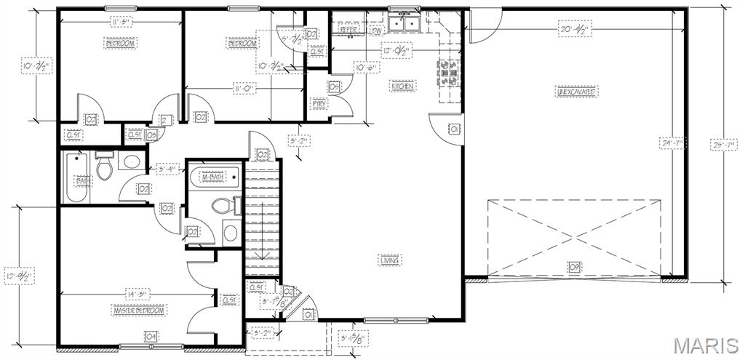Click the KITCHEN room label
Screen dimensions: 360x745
click(x=402, y=87)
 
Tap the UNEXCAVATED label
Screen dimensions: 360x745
click(x=576, y=92)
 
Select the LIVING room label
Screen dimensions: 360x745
click(x=390, y=260)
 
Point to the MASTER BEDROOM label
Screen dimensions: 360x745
click(x=138, y=311)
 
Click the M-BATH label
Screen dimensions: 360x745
click(x=212, y=177)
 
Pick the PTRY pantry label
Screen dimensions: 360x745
click(x=319, y=104)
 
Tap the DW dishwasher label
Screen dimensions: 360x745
click(x=377, y=31)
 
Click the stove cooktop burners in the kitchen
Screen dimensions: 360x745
click(x=447, y=72)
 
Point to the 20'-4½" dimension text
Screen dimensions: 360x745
click(x=574, y=31)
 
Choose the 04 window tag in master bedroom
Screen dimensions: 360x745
click(x=151, y=337)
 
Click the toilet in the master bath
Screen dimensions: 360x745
click(x=225, y=206)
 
